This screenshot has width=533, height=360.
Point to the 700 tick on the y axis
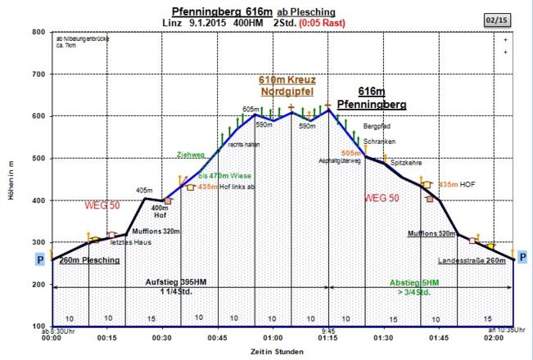pos(37,74)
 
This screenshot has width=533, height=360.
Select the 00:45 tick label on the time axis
pos(218,337)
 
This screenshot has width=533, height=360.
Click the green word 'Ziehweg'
pos(189,155)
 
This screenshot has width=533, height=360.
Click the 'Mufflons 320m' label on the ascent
pos(156,232)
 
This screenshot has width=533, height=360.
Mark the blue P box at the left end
pos(41,259)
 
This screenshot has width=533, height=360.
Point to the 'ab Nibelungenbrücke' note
pos(81,38)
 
